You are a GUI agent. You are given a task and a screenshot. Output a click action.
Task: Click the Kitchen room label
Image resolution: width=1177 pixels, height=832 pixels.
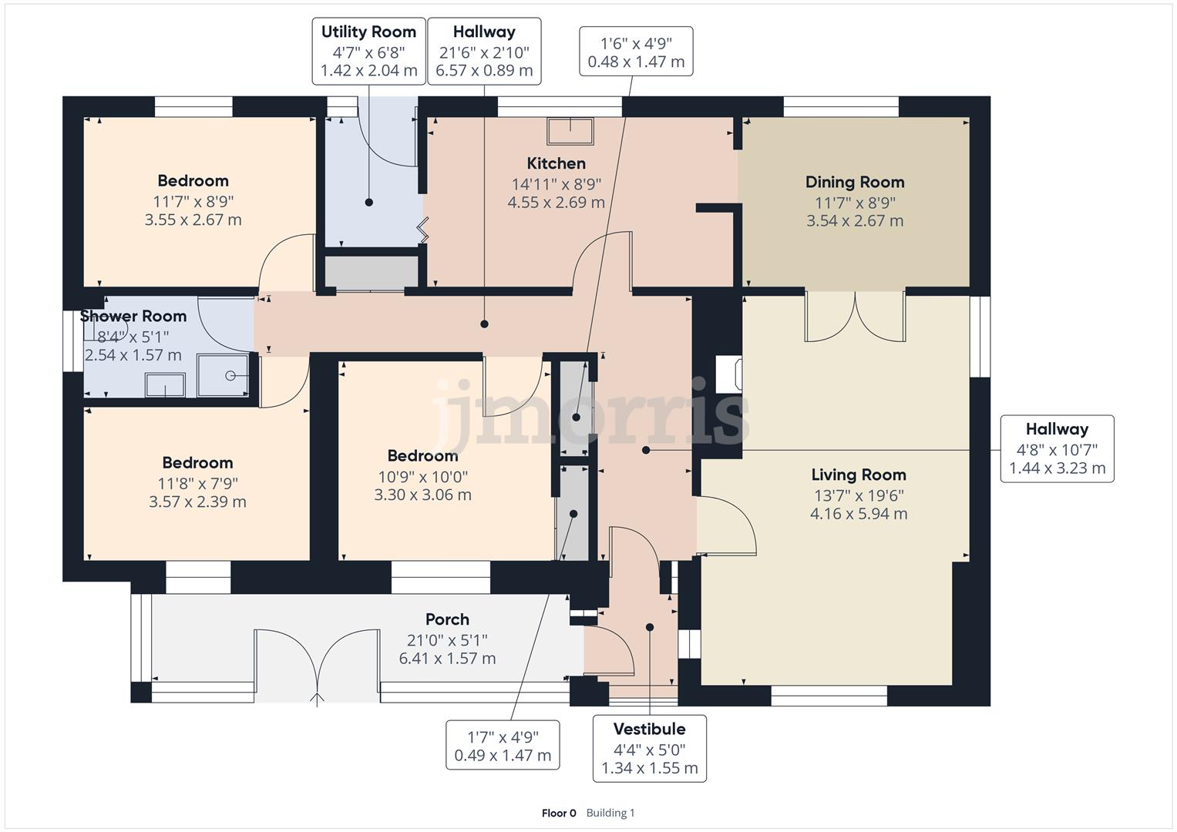(x=556, y=163)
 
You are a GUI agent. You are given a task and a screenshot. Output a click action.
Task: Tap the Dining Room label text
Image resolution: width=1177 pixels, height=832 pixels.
(x=855, y=183)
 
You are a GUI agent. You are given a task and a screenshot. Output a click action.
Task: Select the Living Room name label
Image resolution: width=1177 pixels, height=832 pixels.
(x=859, y=475)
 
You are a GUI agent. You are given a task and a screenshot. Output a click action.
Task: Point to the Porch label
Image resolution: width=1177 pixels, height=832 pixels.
(x=447, y=619)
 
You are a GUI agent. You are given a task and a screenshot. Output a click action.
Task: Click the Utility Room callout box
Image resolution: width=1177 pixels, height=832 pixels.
(x=369, y=51)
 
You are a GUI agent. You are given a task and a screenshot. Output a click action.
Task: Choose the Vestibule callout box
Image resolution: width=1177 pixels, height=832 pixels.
(x=650, y=749)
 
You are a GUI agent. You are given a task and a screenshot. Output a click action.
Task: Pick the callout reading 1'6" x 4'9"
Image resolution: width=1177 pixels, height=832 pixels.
(x=636, y=52)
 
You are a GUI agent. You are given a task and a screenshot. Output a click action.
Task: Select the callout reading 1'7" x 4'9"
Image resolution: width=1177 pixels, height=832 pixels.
(x=503, y=745)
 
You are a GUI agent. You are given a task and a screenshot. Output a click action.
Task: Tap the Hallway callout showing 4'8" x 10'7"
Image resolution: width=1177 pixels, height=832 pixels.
(x=1058, y=448)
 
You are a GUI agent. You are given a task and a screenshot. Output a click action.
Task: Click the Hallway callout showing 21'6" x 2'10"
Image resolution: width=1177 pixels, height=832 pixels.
(x=484, y=51)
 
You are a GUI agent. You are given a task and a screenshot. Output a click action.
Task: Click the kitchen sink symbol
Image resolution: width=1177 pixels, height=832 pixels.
(x=570, y=131)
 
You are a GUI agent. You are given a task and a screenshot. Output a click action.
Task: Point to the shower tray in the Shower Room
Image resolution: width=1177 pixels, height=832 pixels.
(x=223, y=375)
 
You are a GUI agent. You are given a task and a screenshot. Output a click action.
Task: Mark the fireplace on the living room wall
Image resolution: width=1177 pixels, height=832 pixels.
(x=729, y=374)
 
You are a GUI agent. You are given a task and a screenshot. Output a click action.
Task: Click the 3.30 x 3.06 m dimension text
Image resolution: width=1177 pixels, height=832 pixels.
(x=422, y=495)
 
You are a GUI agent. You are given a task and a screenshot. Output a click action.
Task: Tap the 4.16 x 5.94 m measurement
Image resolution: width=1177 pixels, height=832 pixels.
(x=859, y=514)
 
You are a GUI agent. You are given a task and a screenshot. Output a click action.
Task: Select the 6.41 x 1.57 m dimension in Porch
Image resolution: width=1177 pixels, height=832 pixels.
(x=447, y=658)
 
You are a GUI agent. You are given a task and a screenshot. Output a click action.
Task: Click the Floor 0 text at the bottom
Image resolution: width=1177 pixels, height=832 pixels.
(x=559, y=813)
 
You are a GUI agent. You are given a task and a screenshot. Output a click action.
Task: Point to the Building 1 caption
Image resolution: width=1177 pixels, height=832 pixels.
(x=610, y=813)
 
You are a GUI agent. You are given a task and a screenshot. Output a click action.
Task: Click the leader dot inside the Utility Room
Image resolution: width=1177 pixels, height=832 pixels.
(x=369, y=202)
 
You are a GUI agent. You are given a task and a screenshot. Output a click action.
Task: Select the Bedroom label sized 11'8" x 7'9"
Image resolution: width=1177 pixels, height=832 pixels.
(x=197, y=463)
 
